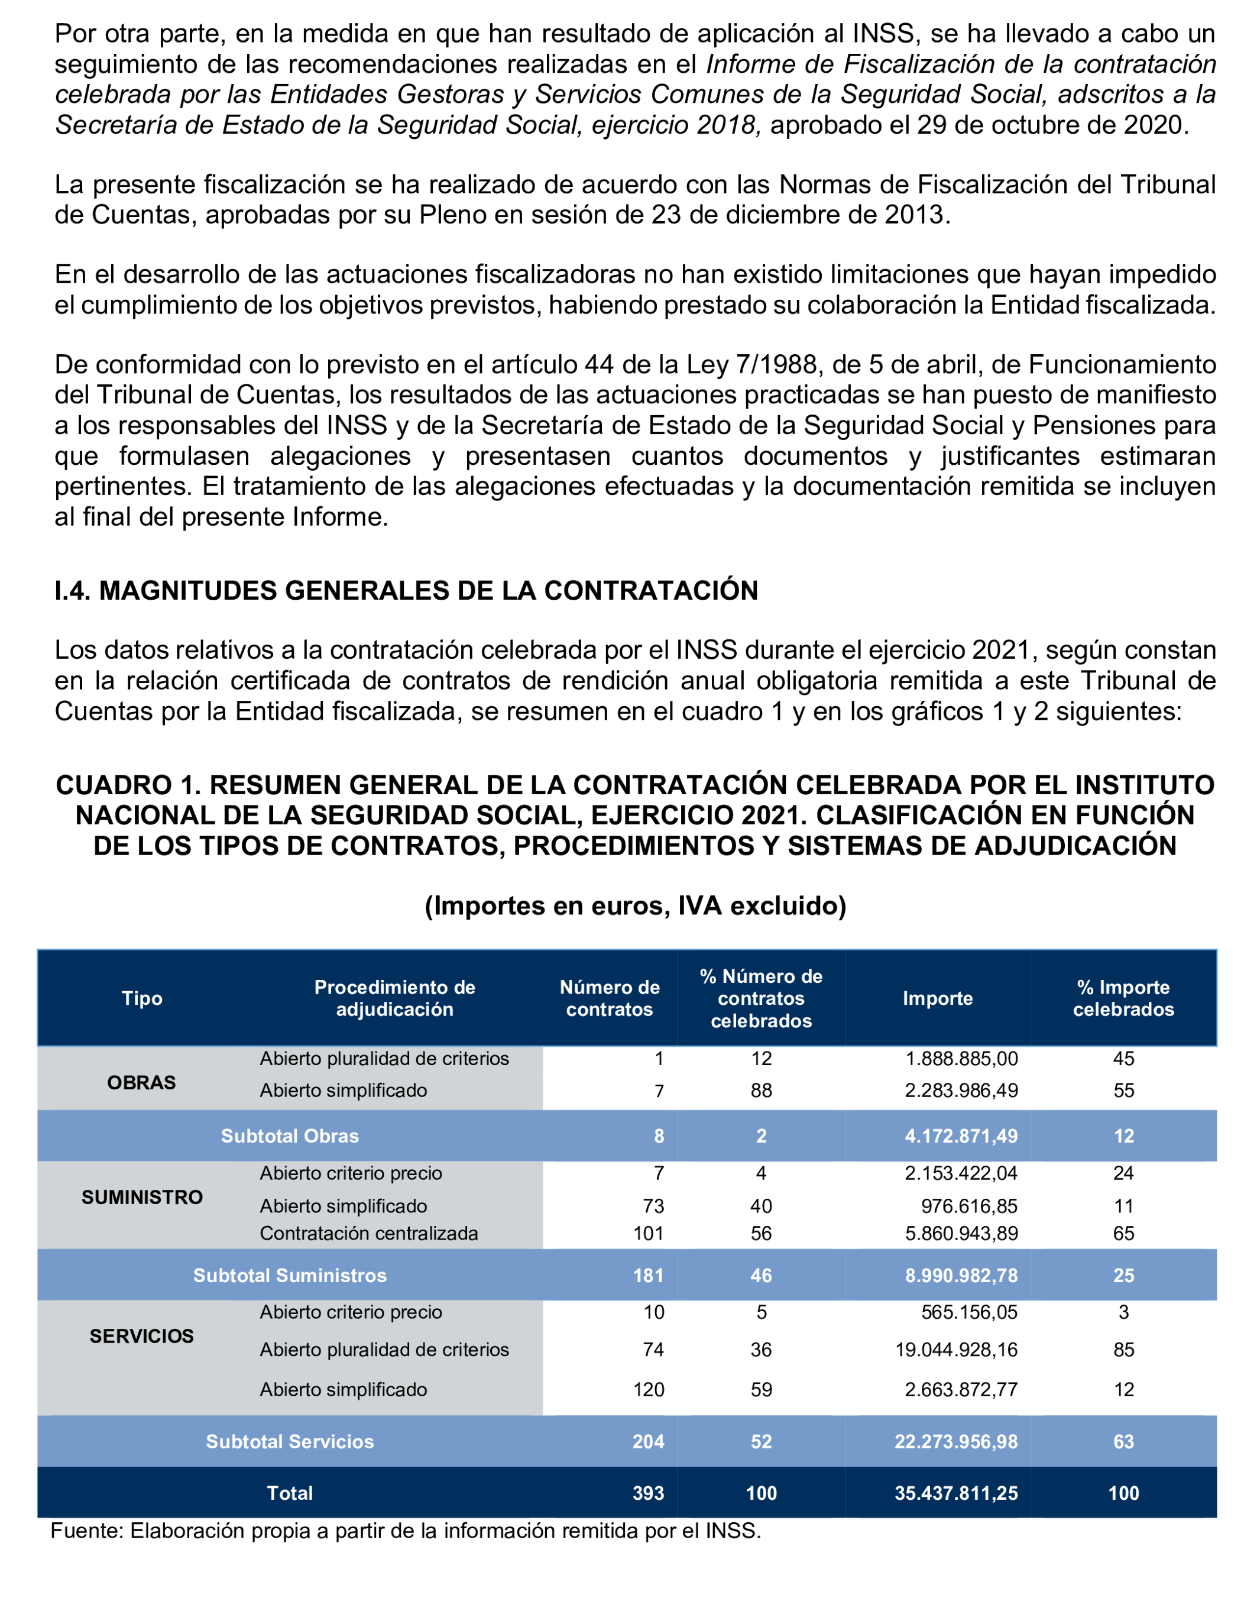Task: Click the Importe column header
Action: (x=937, y=998)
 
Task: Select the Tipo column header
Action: (x=142, y=998)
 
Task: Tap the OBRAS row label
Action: (x=141, y=1082)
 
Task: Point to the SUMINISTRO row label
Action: (x=142, y=1196)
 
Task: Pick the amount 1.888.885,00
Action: (x=961, y=1058)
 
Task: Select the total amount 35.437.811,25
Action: (x=956, y=1493)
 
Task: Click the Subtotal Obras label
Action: (x=290, y=1135)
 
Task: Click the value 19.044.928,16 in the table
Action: (x=956, y=1349)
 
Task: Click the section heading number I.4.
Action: (x=72, y=590)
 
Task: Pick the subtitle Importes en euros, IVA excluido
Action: (x=635, y=905)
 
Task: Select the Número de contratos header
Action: (x=610, y=998)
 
